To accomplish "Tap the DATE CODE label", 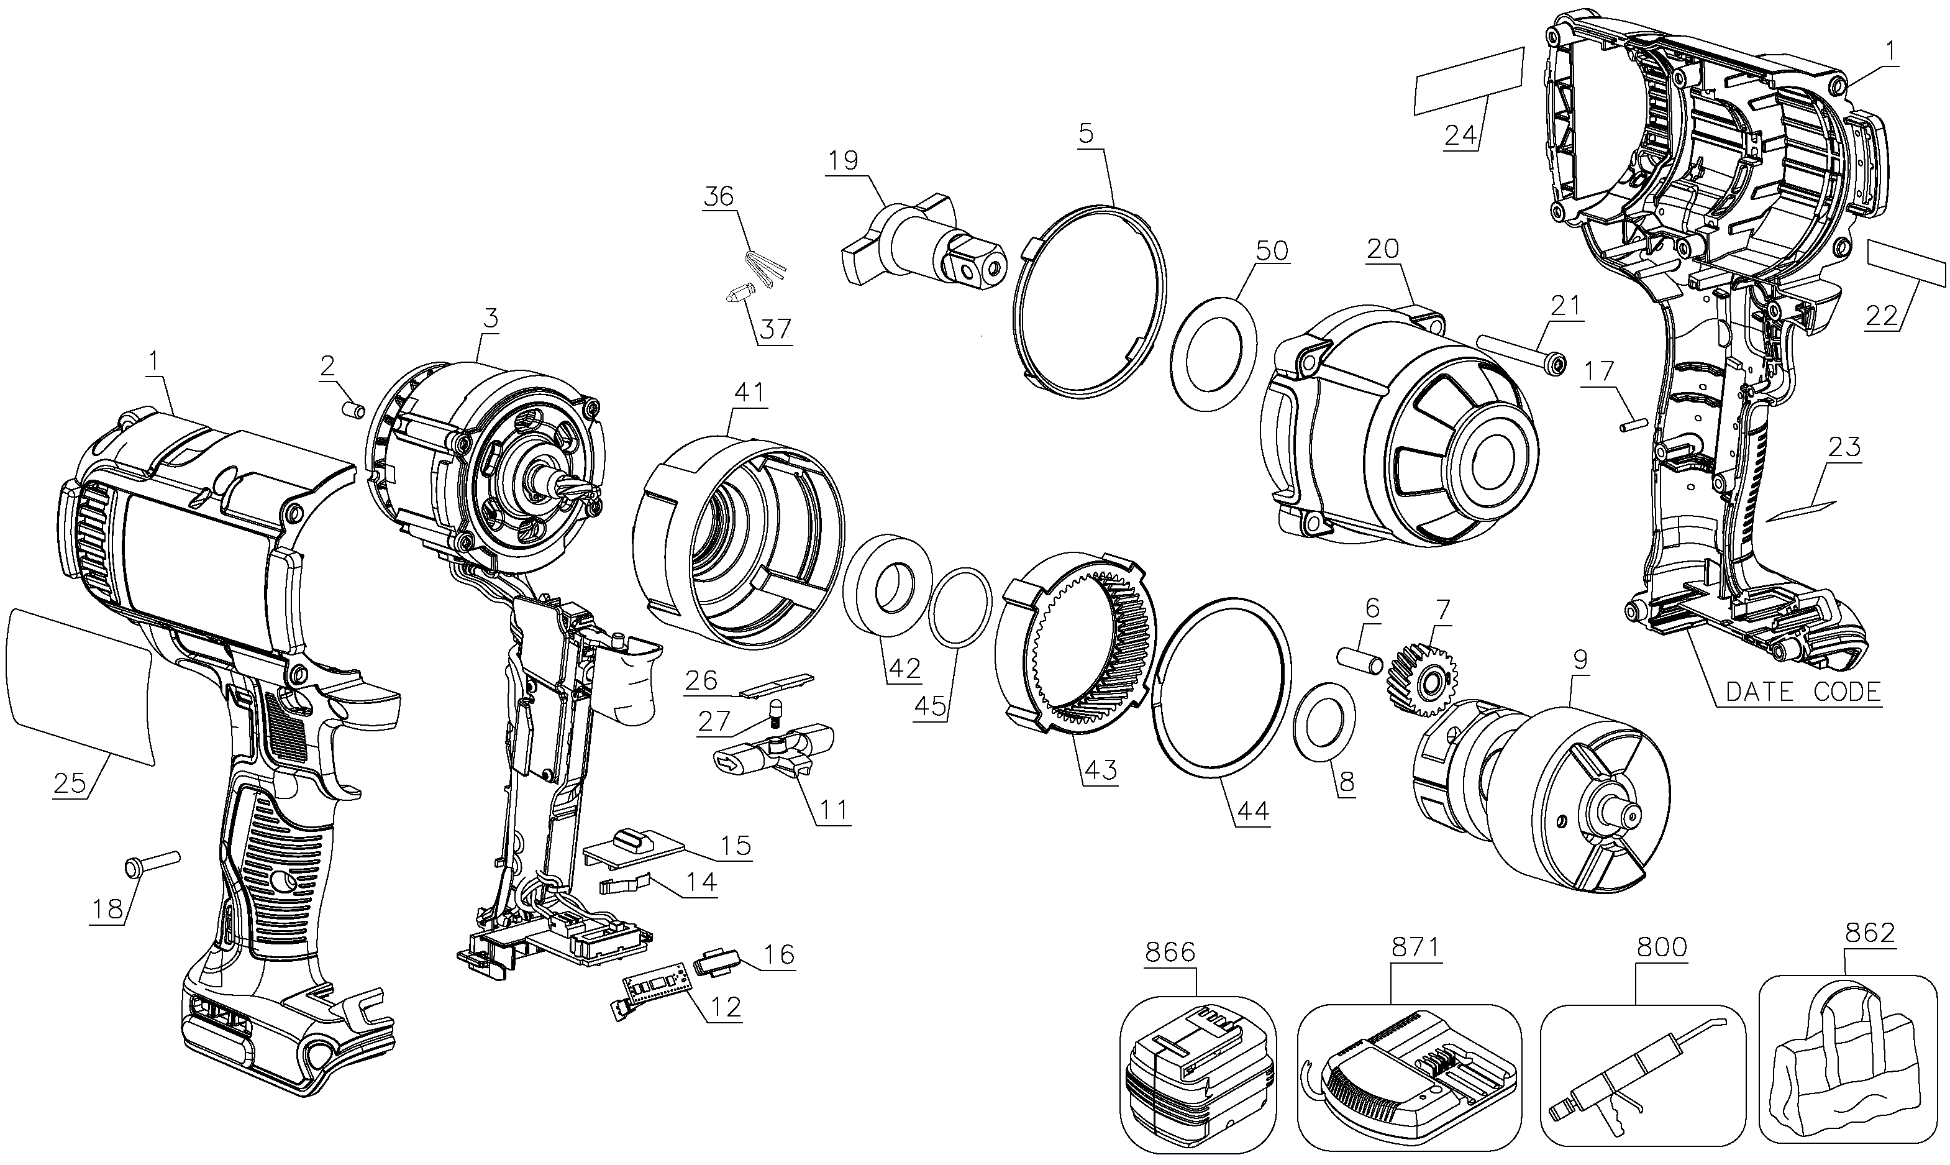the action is click(x=1803, y=692).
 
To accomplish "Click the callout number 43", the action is click(x=1100, y=770).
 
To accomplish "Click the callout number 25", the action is click(x=70, y=784).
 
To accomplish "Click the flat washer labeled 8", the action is click(x=1326, y=721).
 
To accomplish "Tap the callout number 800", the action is click(x=1663, y=947).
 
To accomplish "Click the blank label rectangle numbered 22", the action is click(x=1907, y=265).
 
